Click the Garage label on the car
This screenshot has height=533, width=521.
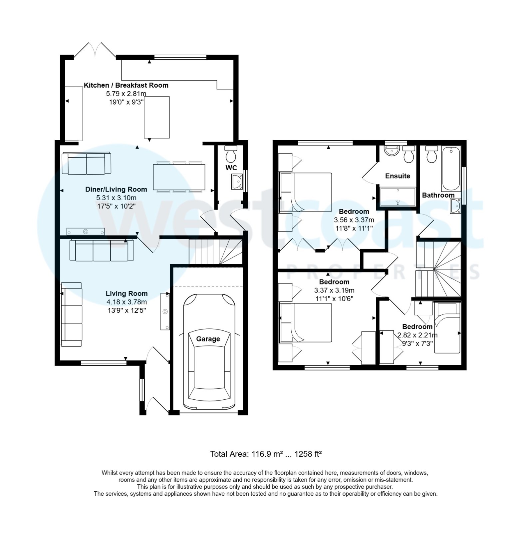point(208,339)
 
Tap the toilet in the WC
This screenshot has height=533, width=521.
point(230,153)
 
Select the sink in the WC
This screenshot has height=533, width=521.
point(237,182)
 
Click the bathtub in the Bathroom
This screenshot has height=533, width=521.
point(451,169)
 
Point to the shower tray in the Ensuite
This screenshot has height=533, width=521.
point(398,197)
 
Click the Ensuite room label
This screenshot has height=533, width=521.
point(397,176)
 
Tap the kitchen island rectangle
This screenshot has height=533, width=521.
point(156,117)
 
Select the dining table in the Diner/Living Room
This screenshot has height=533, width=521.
point(179,177)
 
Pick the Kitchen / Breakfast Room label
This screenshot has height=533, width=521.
point(126,85)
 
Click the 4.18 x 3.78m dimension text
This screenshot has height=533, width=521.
point(127,302)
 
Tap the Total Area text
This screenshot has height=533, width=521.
point(266,454)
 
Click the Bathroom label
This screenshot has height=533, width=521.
point(438,195)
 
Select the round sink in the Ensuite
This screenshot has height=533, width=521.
point(392,151)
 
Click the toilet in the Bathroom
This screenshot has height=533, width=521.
point(431,154)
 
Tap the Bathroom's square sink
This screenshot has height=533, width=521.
point(455,206)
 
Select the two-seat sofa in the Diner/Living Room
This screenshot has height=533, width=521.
point(87,163)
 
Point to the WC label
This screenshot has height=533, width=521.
point(231,168)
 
